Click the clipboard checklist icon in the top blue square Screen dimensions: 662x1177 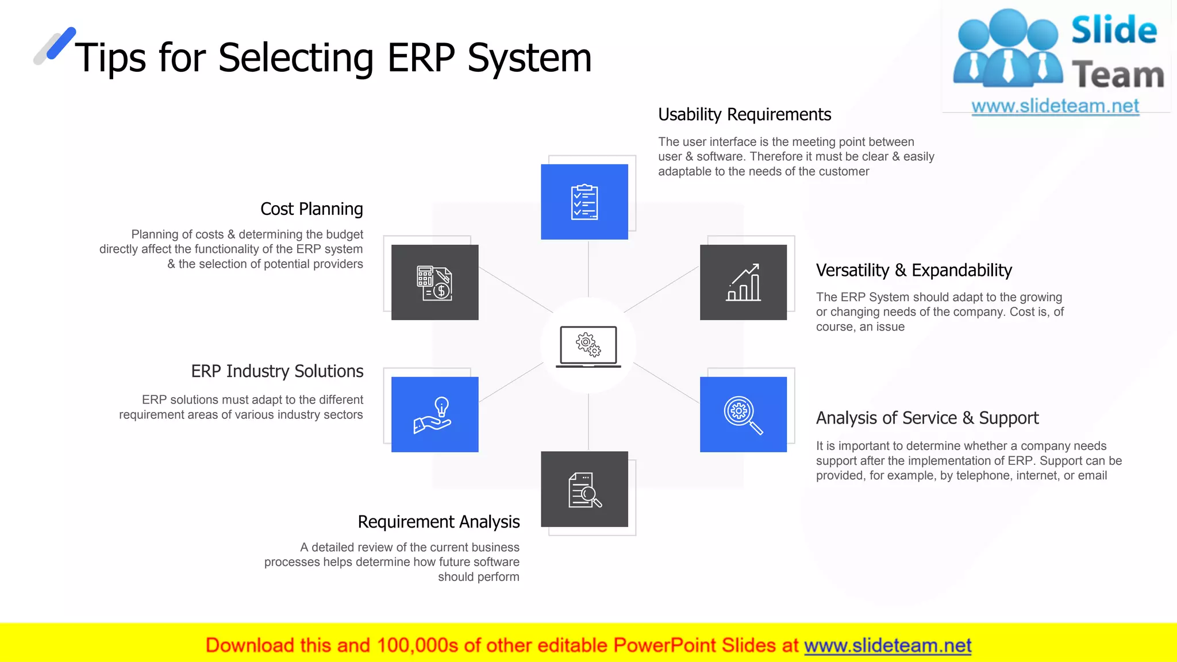[584, 202]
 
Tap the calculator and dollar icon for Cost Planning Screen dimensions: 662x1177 [434, 283]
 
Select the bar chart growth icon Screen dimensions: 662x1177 [743, 282]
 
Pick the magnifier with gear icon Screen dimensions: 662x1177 [743, 414]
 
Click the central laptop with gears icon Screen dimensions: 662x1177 [588, 346]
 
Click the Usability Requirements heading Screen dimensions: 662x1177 [744, 114]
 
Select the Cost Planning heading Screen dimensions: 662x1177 [311, 209]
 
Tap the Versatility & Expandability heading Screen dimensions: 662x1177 [914, 270]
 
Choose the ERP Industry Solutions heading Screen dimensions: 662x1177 [277, 371]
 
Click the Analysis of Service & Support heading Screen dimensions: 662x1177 [927, 418]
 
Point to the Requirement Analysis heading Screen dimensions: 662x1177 [439, 522]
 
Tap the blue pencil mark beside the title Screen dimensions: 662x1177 [60, 43]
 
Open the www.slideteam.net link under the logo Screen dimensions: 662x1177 [1055, 106]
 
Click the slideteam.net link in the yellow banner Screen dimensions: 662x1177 [887, 645]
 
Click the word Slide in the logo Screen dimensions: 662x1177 [1114, 30]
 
